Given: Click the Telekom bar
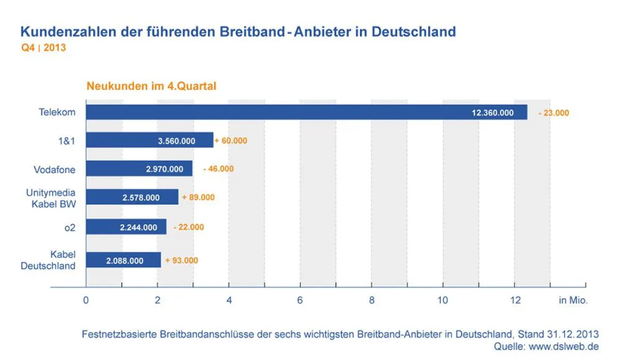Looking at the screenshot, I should point(305,112).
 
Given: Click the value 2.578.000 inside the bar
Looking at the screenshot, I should point(141,197).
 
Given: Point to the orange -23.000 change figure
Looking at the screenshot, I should point(553,113).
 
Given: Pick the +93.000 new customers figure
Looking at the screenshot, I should point(182,260).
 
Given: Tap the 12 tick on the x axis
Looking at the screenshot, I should point(514,301).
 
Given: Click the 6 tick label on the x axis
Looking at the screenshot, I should point(300,301).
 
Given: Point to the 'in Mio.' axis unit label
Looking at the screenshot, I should point(573,301).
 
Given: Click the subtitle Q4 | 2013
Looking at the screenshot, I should point(43,48).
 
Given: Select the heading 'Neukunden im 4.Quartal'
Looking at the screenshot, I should point(151,86).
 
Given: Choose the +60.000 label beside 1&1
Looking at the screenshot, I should point(231,140).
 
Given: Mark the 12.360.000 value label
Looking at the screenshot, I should point(492,113).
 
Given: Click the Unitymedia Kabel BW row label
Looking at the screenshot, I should point(51,198).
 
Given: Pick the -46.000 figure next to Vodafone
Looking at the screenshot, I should point(218,169).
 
